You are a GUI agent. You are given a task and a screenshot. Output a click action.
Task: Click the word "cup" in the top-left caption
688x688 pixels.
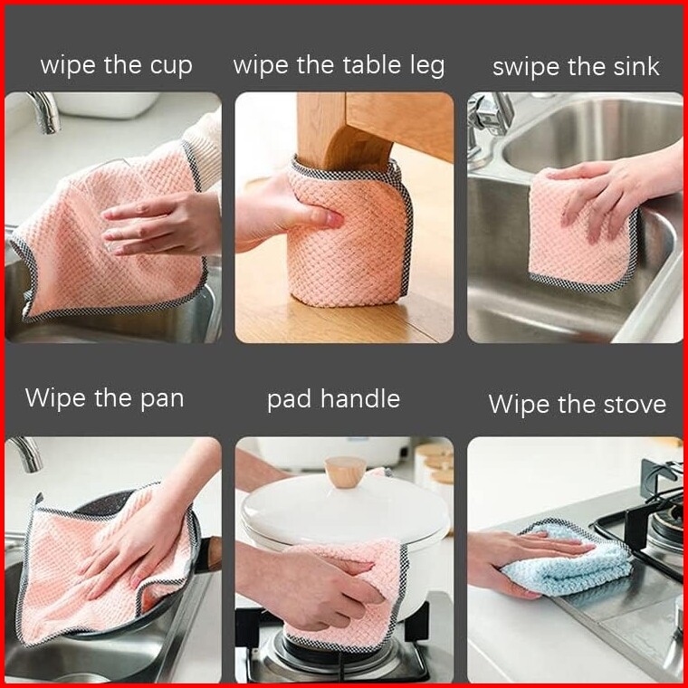point(171,67)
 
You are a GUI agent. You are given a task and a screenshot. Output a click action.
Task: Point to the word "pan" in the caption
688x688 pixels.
point(162,400)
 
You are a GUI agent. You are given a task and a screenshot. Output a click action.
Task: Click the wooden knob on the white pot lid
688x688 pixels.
point(345,473)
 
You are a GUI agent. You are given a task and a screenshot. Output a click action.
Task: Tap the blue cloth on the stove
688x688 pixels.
point(570,561)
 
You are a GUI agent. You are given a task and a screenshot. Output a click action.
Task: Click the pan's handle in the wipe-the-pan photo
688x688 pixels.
point(210,555)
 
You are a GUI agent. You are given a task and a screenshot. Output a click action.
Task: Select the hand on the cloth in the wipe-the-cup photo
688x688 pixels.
point(162,224)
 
